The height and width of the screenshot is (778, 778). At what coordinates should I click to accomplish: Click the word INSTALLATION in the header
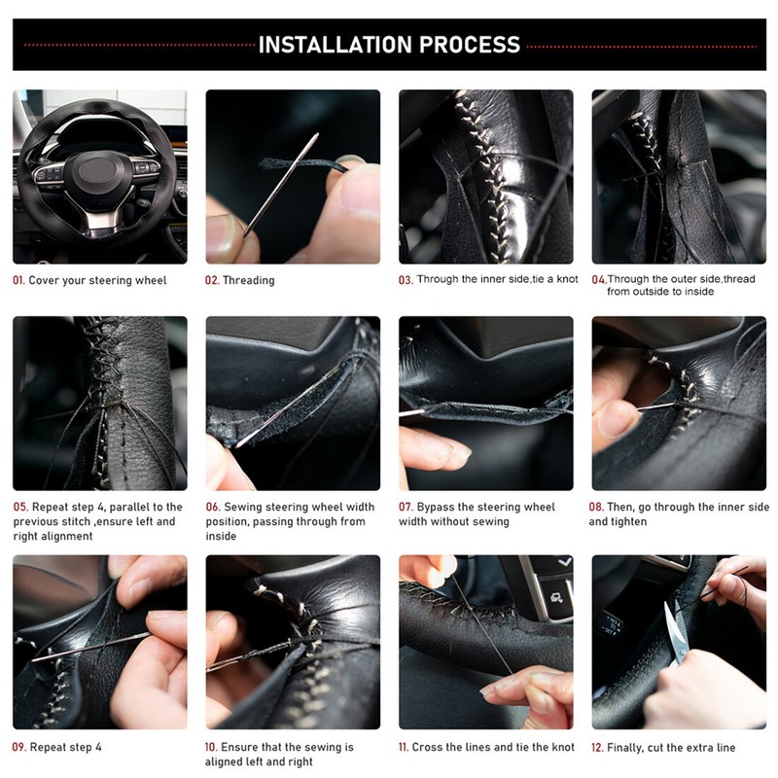(336, 45)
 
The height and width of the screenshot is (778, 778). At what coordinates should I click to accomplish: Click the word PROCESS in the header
(470, 45)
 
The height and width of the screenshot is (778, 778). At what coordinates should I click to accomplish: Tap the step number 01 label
(18, 280)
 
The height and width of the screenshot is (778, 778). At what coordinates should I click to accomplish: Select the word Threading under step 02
(249, 280)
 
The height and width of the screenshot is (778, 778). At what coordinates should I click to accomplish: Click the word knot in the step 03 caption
(567, 279)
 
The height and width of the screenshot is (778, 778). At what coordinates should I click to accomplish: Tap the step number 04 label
(599, 280)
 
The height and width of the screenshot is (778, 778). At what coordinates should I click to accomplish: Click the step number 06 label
(212, 507)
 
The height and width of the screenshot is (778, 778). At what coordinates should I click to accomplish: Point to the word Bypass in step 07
(435, 507)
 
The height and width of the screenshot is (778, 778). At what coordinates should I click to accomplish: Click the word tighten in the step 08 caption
(627, 521)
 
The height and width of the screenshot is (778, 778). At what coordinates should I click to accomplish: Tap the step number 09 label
(18, 747)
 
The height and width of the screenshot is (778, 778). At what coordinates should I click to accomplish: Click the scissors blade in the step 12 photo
(674, 626)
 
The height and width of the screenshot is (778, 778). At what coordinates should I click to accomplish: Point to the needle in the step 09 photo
(90, 647)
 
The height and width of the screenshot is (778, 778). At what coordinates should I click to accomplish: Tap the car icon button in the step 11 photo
(556, 598)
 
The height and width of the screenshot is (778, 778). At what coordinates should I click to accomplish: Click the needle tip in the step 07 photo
(400, 413)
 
